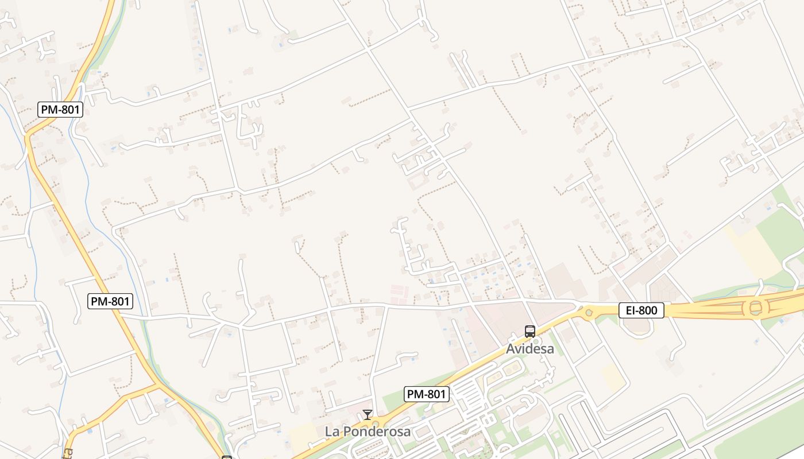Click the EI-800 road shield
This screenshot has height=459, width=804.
tap(641, 310)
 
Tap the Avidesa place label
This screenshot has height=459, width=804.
tap(530, 348)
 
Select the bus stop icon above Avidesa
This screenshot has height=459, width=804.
tap(529, 331)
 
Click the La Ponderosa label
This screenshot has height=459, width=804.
tap(368, 431)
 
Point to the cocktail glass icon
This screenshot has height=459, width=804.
tap(368, 414)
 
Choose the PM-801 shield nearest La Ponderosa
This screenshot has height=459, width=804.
tap(426, 394)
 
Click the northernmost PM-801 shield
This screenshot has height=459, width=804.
tap(60, 109)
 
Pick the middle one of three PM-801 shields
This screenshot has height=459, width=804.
tap(110, 301)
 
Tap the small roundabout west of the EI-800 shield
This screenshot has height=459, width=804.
tap(588, 313)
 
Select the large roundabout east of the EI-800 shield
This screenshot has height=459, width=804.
tap(755, 308)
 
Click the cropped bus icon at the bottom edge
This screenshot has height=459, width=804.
tap(227, 457)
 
